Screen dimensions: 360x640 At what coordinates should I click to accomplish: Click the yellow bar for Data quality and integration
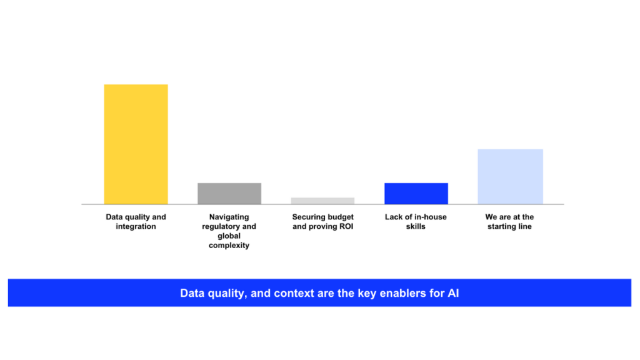pos(136,144)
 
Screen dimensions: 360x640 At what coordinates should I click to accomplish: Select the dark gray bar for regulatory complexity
pos(229,193)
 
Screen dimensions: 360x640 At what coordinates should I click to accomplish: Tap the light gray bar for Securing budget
pos(322,201)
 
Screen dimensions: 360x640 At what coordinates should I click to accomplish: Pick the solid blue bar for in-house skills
pos(416,193)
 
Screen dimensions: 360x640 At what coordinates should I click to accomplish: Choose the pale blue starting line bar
pos(510,176)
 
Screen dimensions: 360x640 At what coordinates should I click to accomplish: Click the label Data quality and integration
pos(136,222)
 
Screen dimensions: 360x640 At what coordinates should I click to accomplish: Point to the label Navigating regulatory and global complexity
pos(229,231)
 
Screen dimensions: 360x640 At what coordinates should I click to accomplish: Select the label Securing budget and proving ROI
pos(322,222)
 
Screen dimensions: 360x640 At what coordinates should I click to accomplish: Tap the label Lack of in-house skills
pos(416,222)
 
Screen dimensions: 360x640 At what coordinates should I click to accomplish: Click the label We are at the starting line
pos(509,222)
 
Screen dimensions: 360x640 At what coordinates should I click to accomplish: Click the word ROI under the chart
pos(344,226)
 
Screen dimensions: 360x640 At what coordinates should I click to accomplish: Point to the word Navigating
pos(229,217)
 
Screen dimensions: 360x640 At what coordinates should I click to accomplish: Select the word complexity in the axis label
pos(229,246)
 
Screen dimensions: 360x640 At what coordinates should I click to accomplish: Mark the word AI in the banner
pos(453,293)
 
